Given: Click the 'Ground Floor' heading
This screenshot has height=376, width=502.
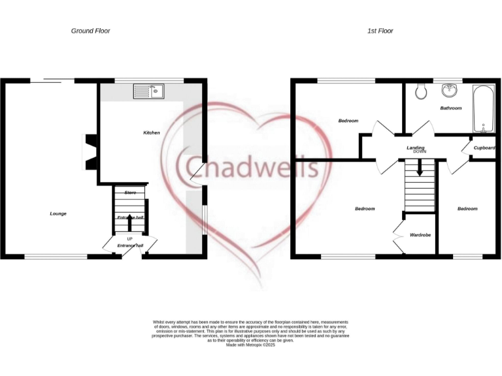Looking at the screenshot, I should point(90,31).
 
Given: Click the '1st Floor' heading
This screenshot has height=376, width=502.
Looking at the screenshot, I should point(380,31).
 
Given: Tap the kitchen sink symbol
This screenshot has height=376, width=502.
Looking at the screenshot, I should point(150,91).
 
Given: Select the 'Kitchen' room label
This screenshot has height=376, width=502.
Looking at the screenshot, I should point(152,133).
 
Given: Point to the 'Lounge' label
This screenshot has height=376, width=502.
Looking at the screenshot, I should point(58,213).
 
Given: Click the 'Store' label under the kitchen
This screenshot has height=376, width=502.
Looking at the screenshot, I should point(130,193).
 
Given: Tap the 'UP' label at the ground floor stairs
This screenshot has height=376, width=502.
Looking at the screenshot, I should point(129,238).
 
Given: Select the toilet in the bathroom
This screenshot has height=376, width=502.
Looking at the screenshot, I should point(422,92).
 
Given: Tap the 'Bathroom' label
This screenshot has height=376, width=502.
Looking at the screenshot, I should point(450,108).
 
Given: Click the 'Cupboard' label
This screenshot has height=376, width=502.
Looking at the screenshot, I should point(484,148).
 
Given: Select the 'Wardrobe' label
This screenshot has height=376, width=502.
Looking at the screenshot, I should point(420,234).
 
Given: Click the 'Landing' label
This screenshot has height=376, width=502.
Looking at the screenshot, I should point(416,148).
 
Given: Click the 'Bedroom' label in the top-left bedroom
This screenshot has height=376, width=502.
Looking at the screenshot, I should point(348,121).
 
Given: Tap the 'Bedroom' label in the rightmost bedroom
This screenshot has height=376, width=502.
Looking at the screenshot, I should point(467,209).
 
